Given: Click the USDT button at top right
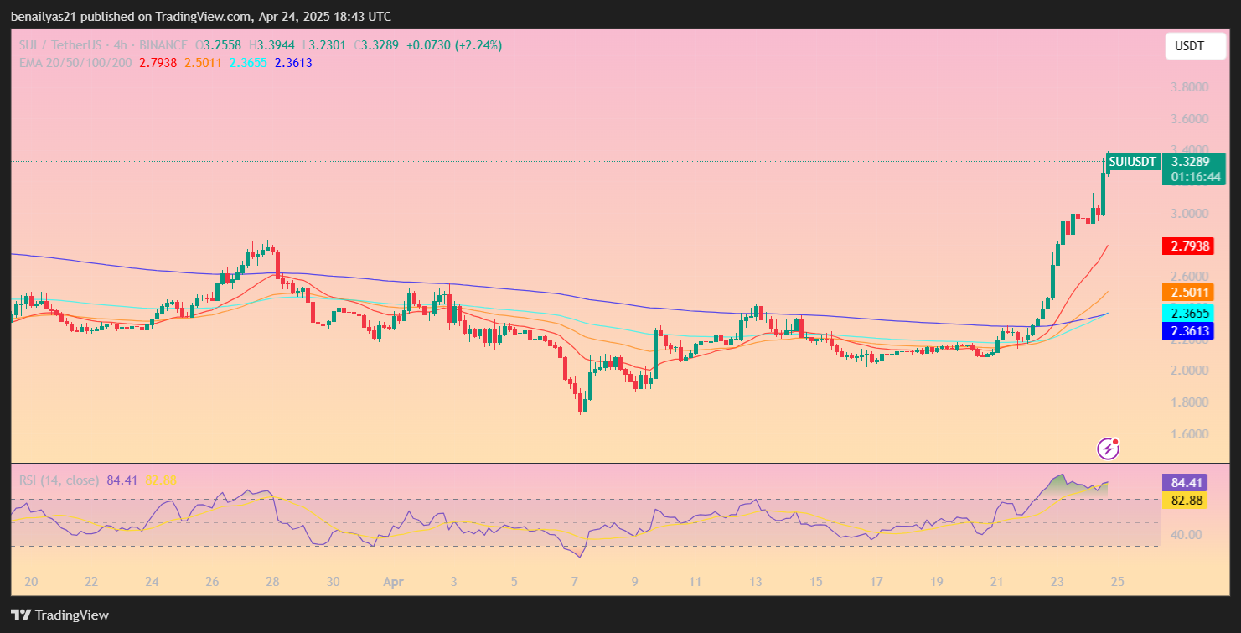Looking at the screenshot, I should pos(1189,46).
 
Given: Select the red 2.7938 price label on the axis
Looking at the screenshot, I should pos(1189,246).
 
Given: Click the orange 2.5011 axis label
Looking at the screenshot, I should pos(1189,293).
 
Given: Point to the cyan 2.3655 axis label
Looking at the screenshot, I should pos(1189,313).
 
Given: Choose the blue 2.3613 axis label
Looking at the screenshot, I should pos(1189,331).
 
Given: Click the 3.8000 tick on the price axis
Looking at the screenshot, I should pos(1189,87).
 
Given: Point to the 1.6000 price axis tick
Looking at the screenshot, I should pos(1189,434).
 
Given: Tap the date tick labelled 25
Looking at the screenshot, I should pos(1117,581).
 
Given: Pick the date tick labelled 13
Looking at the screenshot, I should pos(755,581).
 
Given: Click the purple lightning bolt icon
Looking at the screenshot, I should pos(1109,449).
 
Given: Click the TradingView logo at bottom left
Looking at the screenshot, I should pos(60,615).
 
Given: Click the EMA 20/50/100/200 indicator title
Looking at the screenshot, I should pos(76,62).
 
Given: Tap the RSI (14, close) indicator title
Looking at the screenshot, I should pos(59,480).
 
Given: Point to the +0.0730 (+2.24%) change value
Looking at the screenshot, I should pos(453,45).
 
